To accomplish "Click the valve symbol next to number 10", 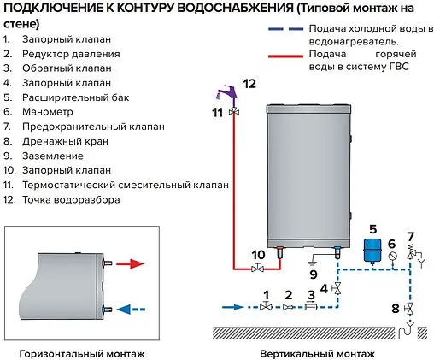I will click(256, 269).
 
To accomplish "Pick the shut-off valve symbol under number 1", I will click(267, 306).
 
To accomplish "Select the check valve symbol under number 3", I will click(311, 306).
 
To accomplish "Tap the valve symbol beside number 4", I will click(338, 289).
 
